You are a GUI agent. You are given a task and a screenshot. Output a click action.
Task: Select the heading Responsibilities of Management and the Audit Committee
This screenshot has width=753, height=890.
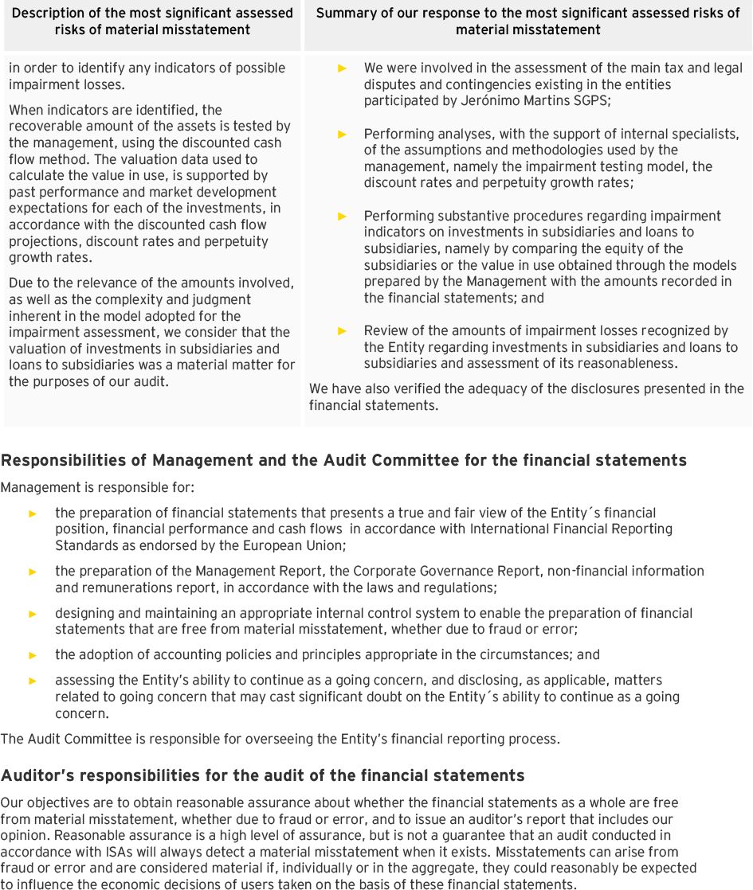(x=343, y=461)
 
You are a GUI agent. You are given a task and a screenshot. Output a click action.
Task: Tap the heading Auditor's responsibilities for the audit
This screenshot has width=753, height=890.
(x=262, y=775)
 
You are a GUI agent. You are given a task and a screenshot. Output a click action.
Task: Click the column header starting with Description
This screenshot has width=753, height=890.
(x=152, y=21)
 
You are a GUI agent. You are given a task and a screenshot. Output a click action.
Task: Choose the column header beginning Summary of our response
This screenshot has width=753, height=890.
(x=527, y=21)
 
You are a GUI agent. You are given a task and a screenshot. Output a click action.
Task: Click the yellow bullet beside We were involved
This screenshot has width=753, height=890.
(x=343, y=68)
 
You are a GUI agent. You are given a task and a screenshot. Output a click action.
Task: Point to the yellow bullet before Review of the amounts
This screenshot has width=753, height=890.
(x=343, y=330)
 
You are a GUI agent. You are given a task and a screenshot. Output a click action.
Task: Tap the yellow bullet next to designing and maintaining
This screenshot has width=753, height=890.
(x=33, y=614)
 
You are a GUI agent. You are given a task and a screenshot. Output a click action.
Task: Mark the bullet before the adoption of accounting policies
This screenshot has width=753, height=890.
(x=33, y=655)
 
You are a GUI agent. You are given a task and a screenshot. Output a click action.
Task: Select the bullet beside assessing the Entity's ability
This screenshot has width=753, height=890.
(x=33, y=681)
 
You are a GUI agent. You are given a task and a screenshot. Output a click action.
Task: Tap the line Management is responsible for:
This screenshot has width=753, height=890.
(x=97, y=487)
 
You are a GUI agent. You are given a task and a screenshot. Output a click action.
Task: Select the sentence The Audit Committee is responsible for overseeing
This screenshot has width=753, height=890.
(x=280, y=739)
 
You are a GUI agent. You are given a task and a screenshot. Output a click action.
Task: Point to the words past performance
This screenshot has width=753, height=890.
(x=46, y=192)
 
